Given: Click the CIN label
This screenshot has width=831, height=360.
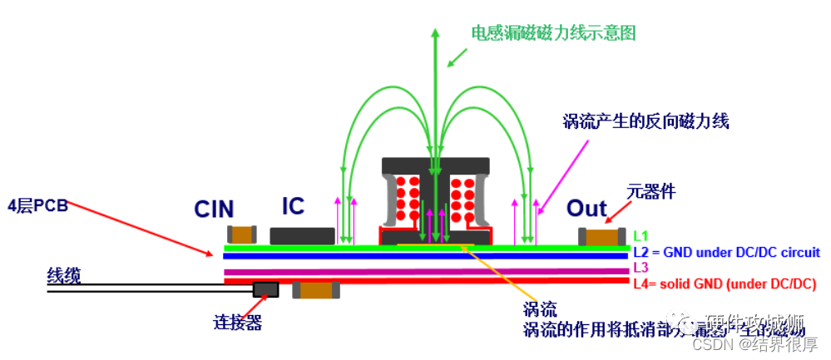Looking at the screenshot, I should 214,209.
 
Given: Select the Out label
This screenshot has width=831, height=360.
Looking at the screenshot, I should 588,208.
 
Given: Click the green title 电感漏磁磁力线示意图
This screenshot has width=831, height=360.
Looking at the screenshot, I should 554,34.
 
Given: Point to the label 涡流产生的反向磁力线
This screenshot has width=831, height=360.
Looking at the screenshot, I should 646,122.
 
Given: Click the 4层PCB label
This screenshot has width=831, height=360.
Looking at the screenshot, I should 37,204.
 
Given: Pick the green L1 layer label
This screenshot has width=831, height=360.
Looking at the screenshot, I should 641,237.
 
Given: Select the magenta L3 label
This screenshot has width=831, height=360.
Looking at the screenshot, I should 641,267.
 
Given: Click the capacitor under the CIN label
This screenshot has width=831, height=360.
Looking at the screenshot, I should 242,236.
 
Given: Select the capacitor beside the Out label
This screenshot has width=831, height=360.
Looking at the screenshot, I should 602,238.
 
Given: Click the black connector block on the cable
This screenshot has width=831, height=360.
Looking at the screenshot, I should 266,289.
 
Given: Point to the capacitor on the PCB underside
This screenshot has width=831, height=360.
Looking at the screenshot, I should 316,290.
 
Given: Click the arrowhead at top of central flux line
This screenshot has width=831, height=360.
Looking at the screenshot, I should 434,33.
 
